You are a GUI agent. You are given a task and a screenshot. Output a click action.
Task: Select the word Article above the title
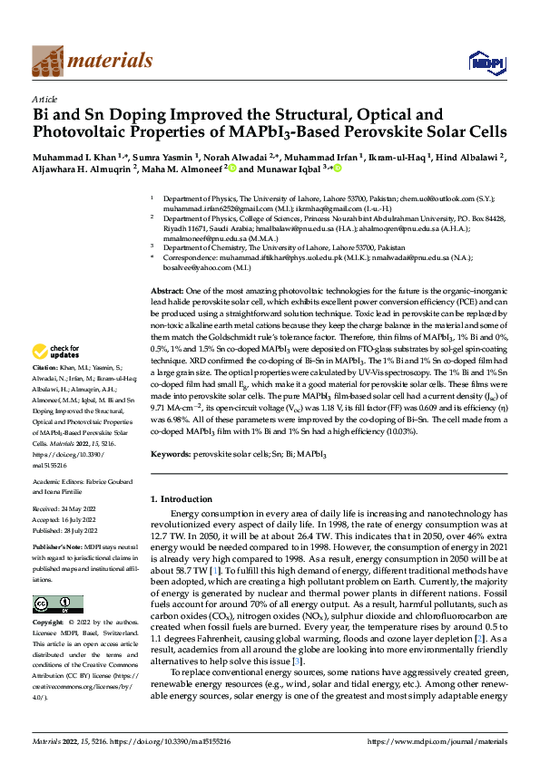[44, 98]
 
